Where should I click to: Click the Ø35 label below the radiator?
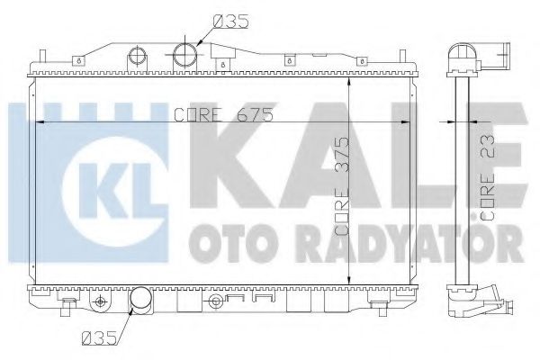[99, 338]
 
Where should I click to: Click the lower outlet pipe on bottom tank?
[140, 300]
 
